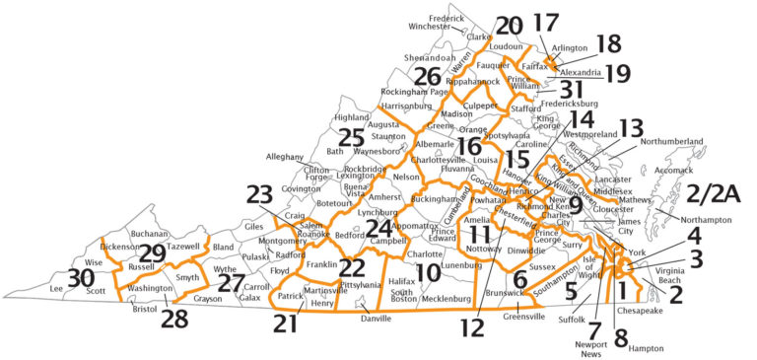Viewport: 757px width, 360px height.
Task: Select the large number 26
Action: (427, 76)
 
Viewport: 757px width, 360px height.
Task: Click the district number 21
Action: (286, 323)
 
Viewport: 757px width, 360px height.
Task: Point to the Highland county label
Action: (351, 117)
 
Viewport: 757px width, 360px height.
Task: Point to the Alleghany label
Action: (286, 157)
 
